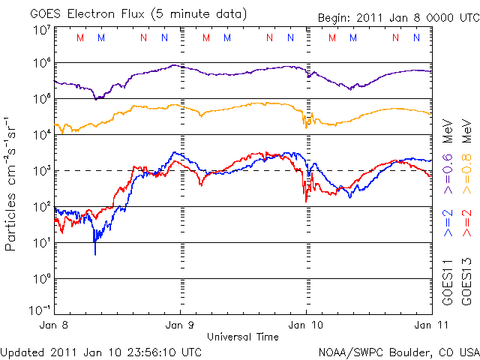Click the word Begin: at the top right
[335, 18]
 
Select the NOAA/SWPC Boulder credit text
[398, 351]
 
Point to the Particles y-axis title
[13, 183]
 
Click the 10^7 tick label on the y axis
[41, 30]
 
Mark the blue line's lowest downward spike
[95, 253]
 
